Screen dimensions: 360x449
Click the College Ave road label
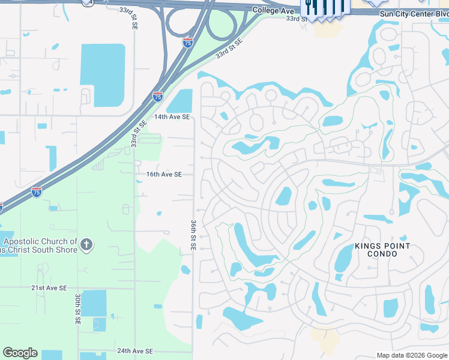pos(274,11)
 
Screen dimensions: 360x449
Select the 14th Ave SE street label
pos(172,117)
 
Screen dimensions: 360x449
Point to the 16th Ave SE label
pos(164,175)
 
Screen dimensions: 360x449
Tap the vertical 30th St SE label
pos(78,309)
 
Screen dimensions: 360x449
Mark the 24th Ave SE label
pos(135,351)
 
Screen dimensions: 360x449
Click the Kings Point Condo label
pos(382,250)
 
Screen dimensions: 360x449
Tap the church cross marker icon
pos(86,244)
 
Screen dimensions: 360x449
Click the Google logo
pos(20,353)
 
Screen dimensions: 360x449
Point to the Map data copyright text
pos(411,355)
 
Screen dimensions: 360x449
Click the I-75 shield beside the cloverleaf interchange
pos(188,43)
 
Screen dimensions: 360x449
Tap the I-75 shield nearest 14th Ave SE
pos(157,96)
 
